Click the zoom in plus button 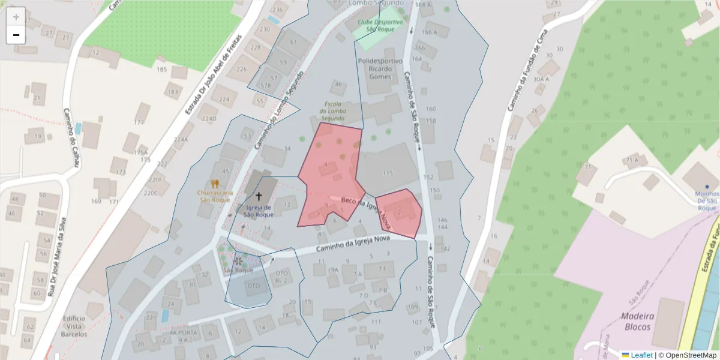point(16,16)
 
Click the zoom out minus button point(16,35)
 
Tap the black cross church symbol point(259,196)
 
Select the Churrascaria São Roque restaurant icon point(215,184)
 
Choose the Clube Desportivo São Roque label point(380,26)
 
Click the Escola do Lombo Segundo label point(332,111)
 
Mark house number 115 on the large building point(388,173)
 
